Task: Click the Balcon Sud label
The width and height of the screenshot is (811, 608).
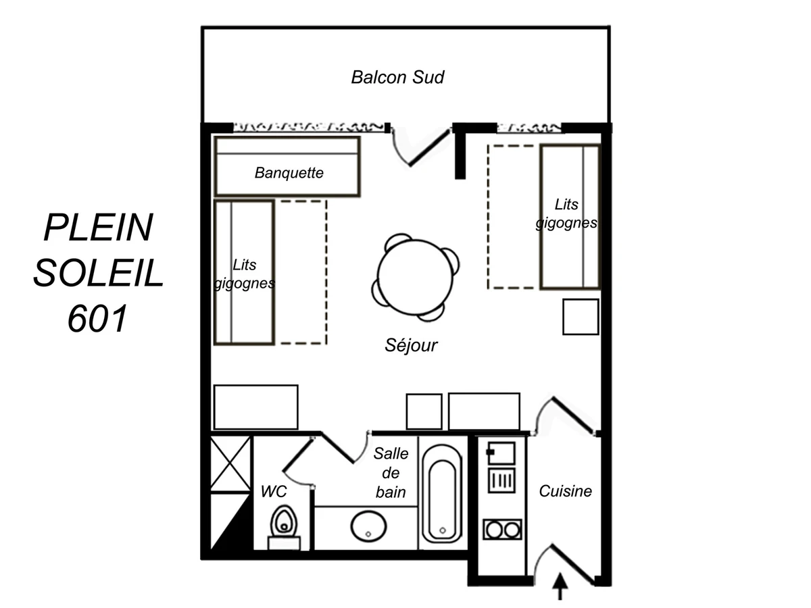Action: tap(397, 77)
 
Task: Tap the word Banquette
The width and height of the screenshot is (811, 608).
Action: tap(289, 173)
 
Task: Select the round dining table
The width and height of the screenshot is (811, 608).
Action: tap(415, 277)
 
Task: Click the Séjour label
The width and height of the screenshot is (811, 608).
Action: tap(411, 345)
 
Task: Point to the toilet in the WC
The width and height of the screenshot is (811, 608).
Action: tap(284, 527)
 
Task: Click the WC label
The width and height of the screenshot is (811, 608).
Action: tap(274, 491)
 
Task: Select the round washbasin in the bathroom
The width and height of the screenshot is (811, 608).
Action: tap(368, 527)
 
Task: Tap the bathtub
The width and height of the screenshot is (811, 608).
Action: tap(442, 494)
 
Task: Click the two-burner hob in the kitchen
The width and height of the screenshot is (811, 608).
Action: tap(502, 530)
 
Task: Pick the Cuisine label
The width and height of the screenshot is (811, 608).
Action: tap(565, 491)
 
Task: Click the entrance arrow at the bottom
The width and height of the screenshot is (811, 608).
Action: tap(560, 586)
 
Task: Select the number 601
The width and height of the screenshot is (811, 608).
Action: tap(97, 318)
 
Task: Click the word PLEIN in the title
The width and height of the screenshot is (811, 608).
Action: tap(98, 227)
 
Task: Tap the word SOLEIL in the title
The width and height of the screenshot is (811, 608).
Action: tap(98, 272)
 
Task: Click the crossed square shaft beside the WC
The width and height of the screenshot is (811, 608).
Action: tap(230, 463)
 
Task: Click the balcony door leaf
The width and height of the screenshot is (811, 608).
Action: tap(430, 147)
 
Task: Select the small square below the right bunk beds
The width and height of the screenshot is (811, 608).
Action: tap(581, 317)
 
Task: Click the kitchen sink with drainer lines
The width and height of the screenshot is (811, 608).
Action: tap(501, 480)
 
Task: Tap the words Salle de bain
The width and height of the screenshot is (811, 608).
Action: tap(391, 473)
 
